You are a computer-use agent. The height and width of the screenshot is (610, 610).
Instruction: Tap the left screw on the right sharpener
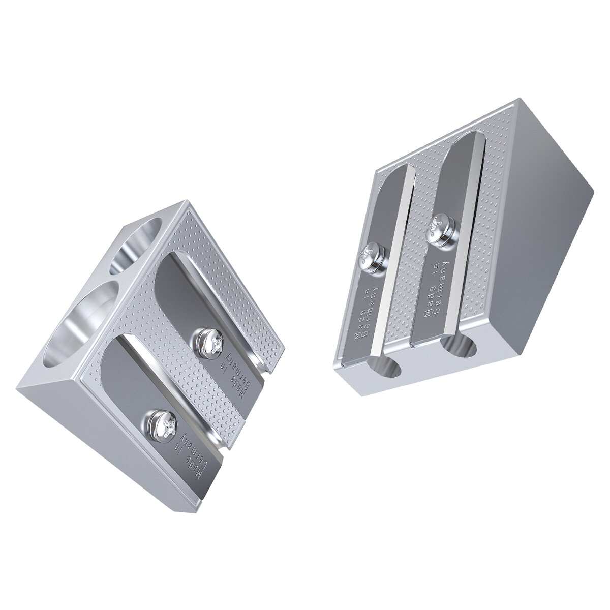click(370, 255)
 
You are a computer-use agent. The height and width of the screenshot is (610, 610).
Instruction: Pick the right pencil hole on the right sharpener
click(459, 346)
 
